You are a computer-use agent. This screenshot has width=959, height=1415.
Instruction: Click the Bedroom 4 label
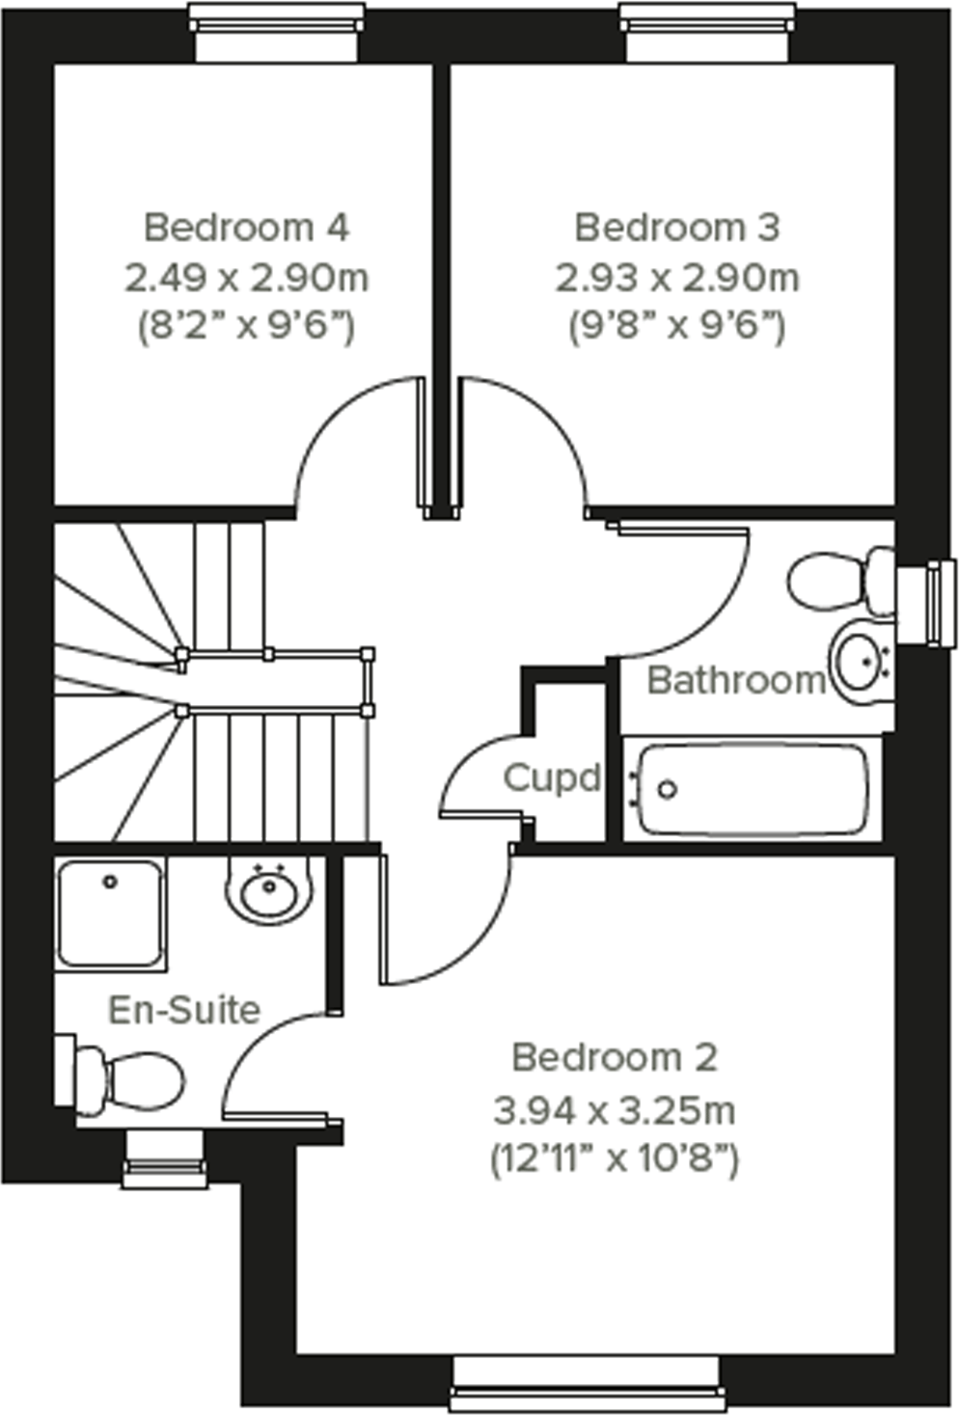246,228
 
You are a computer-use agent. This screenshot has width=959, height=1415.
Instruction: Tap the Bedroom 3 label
676,228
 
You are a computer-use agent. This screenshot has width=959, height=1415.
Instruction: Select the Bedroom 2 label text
615,1057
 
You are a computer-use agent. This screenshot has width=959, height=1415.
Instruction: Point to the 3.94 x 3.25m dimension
615,1109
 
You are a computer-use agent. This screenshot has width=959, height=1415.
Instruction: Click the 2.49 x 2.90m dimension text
246,278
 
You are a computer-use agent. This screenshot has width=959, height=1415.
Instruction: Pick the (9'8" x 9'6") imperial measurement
676,327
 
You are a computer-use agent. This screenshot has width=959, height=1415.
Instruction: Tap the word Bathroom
736,680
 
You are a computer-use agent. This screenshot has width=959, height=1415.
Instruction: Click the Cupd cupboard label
552,777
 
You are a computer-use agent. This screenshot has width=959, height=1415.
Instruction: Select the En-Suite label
184,1010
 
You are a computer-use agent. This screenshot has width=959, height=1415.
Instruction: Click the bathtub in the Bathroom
753,789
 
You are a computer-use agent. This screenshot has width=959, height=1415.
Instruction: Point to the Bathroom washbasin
862,663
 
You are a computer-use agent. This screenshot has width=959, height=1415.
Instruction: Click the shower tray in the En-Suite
110,912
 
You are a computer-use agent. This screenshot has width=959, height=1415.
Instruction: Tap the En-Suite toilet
130,1079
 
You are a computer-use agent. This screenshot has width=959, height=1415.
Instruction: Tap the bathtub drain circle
667,789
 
